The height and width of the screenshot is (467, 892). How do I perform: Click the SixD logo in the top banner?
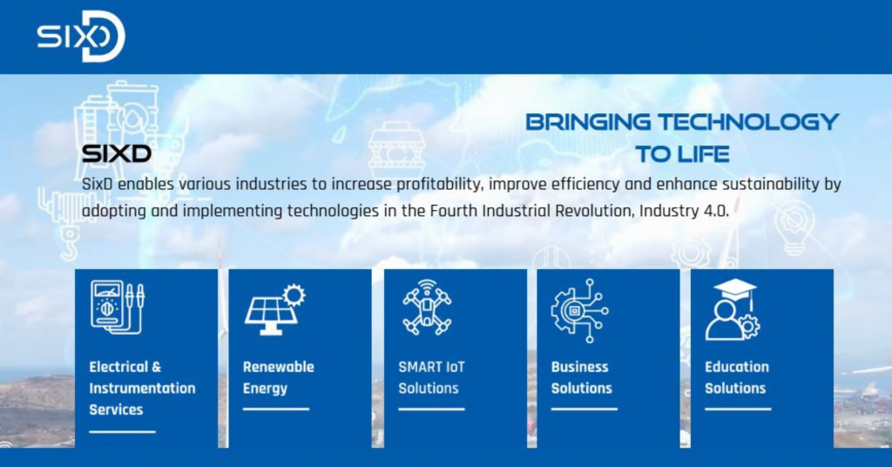click(81, 37)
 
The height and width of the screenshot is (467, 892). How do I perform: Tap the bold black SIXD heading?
click(117, 153)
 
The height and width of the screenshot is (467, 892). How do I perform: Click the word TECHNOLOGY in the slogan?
click(748, 122)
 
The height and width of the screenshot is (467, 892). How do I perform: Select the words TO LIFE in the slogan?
click(682, 154)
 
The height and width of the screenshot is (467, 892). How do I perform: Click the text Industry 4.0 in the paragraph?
click(683, 211)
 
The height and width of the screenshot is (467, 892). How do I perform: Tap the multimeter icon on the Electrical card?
click(118, 308)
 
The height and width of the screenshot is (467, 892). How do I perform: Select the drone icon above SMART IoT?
click(427, 308)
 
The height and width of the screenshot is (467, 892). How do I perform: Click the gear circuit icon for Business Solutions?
click(579, 310)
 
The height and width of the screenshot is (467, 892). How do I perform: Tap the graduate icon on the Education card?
click(733, 310)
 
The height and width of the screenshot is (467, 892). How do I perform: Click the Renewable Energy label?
click(278, 378)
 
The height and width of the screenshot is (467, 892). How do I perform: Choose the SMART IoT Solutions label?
click(431, 378)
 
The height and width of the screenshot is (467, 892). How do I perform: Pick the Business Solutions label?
click(581, 378)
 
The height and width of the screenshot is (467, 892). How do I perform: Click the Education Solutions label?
click(737, 378)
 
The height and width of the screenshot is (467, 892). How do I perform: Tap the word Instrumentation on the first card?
click(142, 389)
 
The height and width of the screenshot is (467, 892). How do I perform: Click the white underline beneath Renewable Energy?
click(276, 409)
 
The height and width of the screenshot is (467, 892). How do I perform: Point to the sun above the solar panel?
click(294, 294)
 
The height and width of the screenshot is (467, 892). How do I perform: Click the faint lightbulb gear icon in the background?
click(794, 227)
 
